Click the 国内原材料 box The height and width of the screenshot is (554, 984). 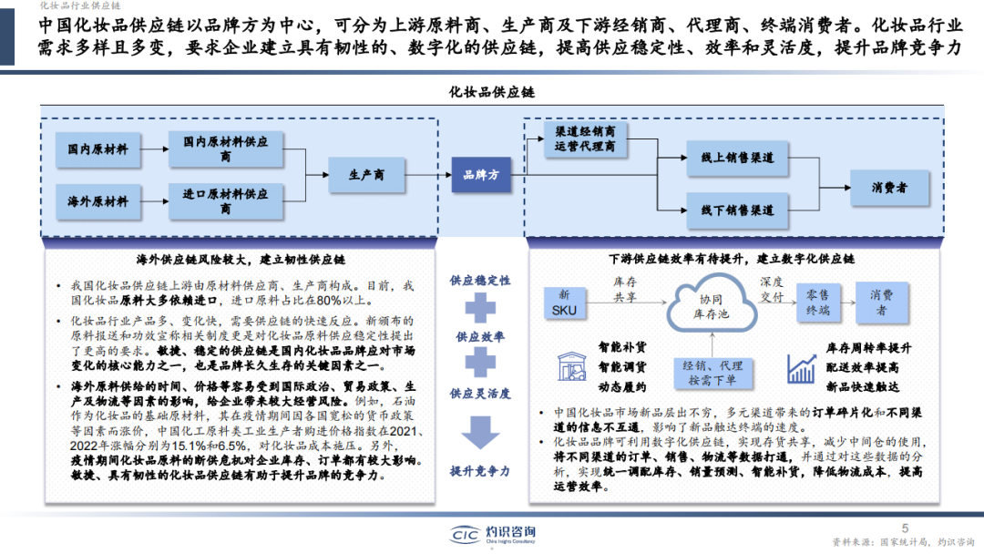[98, 149]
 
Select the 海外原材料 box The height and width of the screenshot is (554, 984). [98, 201]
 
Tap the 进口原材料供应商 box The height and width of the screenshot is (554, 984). [225, 201]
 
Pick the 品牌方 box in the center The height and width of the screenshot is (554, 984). [481, 174]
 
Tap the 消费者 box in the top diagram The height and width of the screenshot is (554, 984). [888, 188]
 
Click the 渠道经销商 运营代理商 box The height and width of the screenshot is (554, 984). [584, 138]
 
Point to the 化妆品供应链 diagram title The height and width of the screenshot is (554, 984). [492, 93]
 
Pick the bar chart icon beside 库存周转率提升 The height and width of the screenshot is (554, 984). [801, 368]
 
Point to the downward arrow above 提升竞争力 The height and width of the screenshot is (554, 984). [480, 431]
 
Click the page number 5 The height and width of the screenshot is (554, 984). [905, 528]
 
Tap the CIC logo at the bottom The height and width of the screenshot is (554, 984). [468, 534]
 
